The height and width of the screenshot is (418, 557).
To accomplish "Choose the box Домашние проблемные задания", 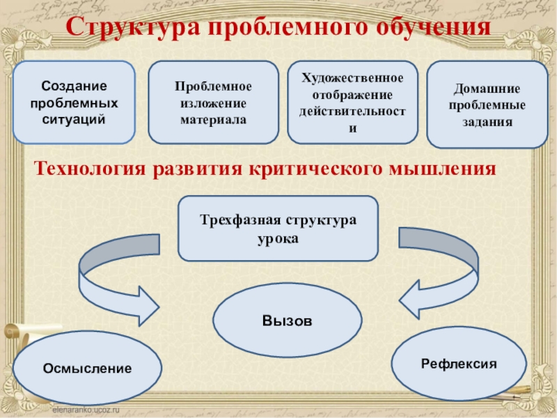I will (487, 104).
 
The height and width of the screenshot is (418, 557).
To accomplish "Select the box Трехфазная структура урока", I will (278, 228).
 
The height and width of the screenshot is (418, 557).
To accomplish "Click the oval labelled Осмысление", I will (87, 367).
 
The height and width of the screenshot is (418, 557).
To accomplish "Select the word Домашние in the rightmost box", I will (487, 90).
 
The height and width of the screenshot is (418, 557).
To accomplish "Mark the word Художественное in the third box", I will (352, 77).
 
